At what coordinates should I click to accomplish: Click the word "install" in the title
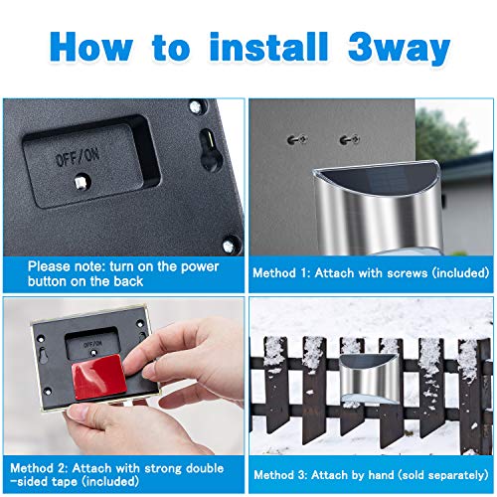coord(268,47)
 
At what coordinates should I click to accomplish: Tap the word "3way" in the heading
coord(400,49)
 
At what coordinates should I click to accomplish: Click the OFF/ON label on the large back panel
coord(78,157)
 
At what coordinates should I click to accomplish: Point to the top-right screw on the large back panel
coord(195,106)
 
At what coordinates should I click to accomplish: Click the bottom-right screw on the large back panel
coord(229,246)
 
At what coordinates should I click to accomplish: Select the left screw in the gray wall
coord(296,140)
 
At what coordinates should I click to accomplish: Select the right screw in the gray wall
coord(350,140)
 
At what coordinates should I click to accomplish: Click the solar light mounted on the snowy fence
coord(369,379)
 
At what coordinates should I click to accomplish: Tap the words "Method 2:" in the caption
coord(39,468)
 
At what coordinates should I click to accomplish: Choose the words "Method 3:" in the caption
coord(280,475)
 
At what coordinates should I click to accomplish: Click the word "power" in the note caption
coord(200,267)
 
